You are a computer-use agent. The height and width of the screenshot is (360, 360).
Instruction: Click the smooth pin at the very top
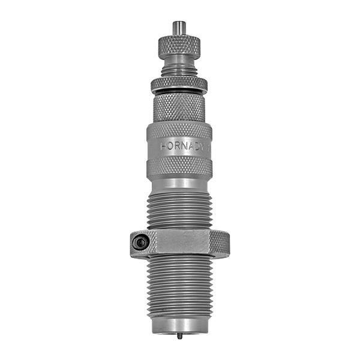tap(178, 28)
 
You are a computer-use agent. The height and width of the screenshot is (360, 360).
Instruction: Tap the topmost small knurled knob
tap(179, 44)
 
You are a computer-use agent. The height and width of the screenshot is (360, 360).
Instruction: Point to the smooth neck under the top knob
tap(179, 61)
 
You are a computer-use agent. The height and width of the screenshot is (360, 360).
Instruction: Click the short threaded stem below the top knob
tap(179, 71)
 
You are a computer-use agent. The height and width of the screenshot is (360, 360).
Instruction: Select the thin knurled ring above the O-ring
tap(179, 83)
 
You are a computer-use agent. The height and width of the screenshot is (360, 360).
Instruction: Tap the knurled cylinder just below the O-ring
tap(179, 107)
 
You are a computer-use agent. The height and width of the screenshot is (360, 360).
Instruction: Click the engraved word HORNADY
tap(184, 146)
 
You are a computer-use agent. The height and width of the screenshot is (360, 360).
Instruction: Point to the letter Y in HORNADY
tap(204, 146)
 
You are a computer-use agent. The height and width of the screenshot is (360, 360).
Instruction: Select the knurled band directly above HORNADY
tap(179, 130)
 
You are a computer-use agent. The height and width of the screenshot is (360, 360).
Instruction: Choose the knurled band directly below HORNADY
tap(179, 167)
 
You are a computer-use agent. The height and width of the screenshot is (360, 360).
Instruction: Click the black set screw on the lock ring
tap(140, 242)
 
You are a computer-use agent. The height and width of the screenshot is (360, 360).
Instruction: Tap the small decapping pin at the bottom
tap(179, 335)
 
